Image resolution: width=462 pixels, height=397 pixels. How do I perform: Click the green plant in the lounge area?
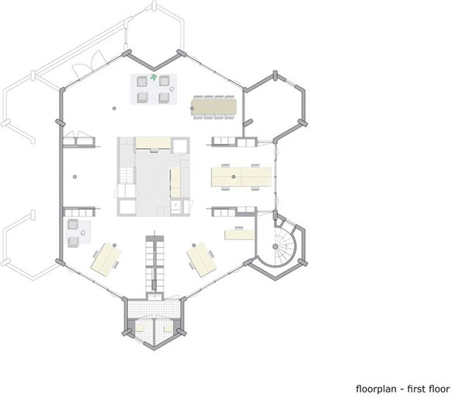pyautogui.click(x=153, y=78)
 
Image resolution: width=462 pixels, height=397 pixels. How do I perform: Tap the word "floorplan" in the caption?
pyautogui.click(x=376, y=388)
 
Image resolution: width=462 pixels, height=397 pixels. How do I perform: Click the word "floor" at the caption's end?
pyautogui.click(x=438, y=388)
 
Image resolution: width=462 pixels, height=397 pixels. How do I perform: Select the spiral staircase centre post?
pyautogui.click(x=275, y=247)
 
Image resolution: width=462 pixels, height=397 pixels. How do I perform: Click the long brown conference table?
pyautogui.click(x=214, y=106)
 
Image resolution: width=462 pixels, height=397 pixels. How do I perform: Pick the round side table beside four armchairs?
pyautogui.click(x=172, y=89)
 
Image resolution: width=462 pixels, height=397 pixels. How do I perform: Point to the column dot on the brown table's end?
pyautogui.click(x=192, y=109)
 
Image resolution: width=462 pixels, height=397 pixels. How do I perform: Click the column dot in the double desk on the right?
pyautogui.click(x=234, y=177)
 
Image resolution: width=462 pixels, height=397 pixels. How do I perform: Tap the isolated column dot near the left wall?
pyautogui.click(x=75, y=177)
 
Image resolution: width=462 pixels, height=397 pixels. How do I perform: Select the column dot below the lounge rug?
pyautogui.click(x=114, y=109)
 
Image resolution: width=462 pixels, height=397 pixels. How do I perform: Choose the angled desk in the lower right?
pyautogui.click(x=202, y=260)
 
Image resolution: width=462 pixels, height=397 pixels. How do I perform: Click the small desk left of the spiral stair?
pyautogui.click(x=239, y=234)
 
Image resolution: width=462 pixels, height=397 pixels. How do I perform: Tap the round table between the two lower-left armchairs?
pyautogui.click(x=83, y=233)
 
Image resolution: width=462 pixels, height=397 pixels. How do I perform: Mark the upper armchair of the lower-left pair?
pyautogui.click(x=73, y=224)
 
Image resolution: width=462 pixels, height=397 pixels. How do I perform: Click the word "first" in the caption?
pyautogui.click(x=415, y=388)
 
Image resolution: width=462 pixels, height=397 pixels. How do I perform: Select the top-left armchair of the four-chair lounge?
pyautogui.click(x=142, y=81)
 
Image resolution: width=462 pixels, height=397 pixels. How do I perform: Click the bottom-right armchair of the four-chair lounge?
pyautogui.click(x=164, y=98)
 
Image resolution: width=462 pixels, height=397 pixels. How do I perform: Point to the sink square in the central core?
pyautogui.click(x=177, y=204)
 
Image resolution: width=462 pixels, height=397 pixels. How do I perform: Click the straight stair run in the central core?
pyautogui.click(x=127, y=175)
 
